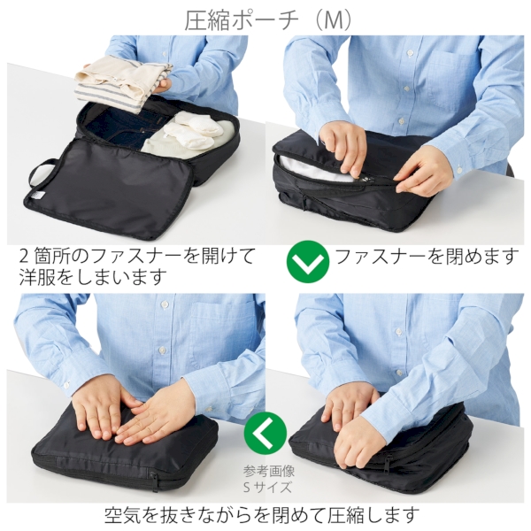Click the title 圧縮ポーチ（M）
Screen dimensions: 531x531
265,19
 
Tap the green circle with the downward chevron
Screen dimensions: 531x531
307,263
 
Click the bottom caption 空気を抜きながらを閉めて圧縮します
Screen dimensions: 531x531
265,514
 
